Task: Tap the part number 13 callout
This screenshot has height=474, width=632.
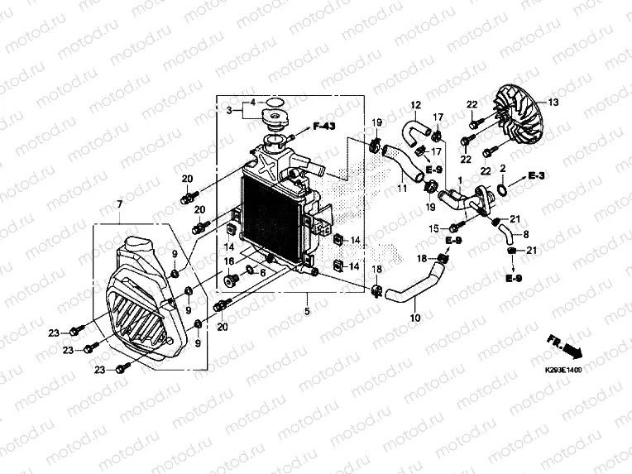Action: coord(553,102)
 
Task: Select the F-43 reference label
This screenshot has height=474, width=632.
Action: coord(323,126)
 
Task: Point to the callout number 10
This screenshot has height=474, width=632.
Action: coord(415,317)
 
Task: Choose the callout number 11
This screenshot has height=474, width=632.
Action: coord(401,189)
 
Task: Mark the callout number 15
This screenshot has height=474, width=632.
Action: coord(433,227)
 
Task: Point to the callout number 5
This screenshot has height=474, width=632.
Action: coord(305,312)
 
